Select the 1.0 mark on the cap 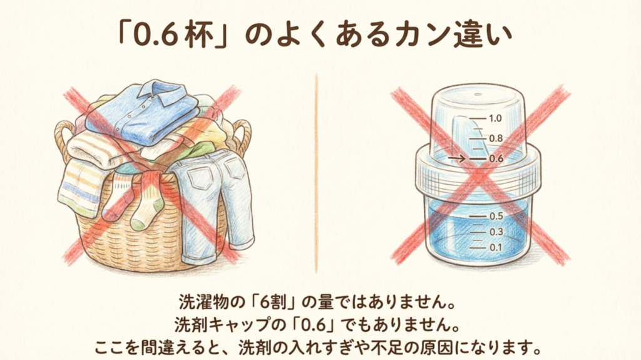[x=495, y=118]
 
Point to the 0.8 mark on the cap [x=495, y=138]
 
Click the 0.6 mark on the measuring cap [x=495, y=158]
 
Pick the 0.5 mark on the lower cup [x=495, y=216]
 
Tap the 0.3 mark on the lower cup [x=495, y=232]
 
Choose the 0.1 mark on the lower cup [x=495, y=247]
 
